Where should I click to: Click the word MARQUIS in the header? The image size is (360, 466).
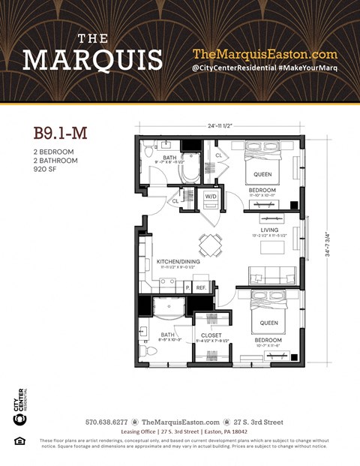click(x=92, y=59)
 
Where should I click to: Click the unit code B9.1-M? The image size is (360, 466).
click(x=60, y=133)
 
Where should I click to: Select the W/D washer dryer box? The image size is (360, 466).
click(x=211, y=197)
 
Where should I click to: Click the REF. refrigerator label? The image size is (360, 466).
click(x=200, y=287)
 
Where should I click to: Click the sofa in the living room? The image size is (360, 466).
click(x=267, y=275)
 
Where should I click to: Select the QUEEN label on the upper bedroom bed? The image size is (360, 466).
click(x=262, y=175)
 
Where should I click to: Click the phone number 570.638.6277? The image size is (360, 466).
click(x=106, y=422)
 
